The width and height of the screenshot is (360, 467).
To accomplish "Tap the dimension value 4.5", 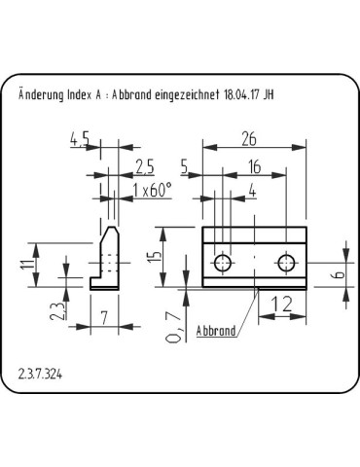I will click(x=82, y=141).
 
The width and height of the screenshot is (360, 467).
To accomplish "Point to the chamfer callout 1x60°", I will click(x=152, y=190).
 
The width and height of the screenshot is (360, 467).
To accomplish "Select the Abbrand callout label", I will click(x=216, y=332).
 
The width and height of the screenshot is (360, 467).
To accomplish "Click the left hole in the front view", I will click(x=225, y=262).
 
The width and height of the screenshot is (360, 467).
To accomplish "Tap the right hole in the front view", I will click(x=286, y=262).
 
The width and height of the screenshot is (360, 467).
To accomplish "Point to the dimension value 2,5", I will click(x=144, y=163).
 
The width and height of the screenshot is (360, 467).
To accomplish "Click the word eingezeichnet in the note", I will click(x=190, y=95).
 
